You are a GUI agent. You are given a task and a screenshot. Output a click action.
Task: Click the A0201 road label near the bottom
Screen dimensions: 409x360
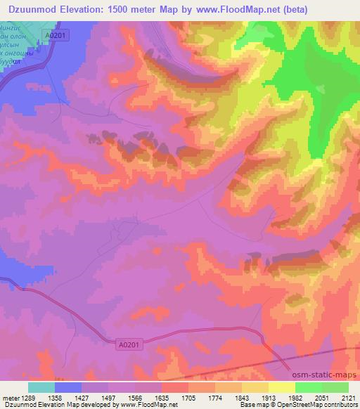pyautogui.click(x=126, y=344)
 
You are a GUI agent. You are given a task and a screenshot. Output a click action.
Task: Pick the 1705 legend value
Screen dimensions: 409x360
pyautogui.click(x=189, y=397)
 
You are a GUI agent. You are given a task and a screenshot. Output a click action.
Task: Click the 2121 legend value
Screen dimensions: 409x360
pyautogui.click(x=348, y=397)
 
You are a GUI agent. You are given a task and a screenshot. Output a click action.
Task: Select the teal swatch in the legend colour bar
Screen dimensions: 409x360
pyautogui.click(x=41, y=387)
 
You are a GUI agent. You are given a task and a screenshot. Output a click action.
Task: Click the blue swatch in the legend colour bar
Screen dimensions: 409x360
pyautogui.click(x=68, y=387)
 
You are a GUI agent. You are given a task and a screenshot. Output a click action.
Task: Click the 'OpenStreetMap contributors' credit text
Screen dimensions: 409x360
pyautogui.click(x=317, y=405)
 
